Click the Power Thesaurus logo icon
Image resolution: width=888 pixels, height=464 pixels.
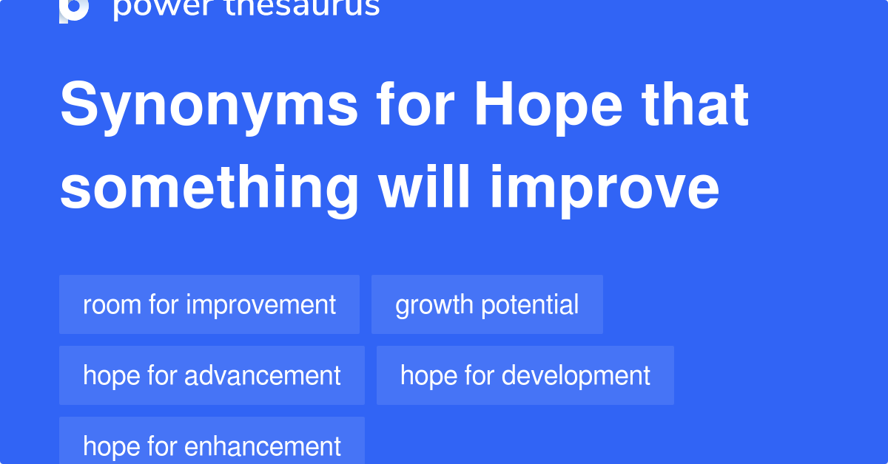[74, 9]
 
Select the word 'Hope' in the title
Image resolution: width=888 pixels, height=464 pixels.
[548, 106]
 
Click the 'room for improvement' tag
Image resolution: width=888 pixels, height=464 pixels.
[209, 304]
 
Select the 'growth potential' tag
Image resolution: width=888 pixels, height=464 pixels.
[487, 304]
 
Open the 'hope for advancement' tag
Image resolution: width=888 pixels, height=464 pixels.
[212, 375]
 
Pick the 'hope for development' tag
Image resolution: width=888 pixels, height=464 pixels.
[525, 375]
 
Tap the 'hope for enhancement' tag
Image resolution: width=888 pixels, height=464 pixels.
[212, 445]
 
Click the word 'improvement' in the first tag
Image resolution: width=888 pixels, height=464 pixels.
[261, 304]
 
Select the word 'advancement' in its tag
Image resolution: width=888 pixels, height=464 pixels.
[263, 375]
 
